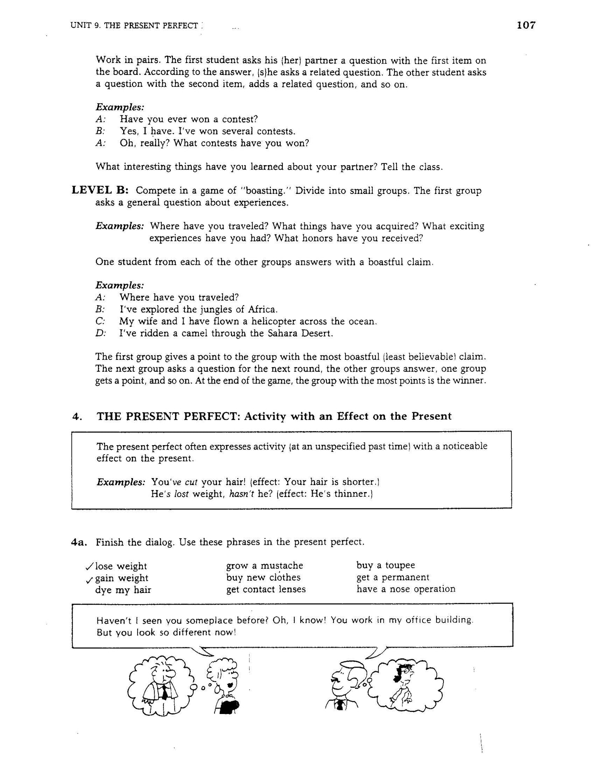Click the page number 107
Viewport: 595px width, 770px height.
[526, 25]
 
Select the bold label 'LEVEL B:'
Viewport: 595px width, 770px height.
[101, 190]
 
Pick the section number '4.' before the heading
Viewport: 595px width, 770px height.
[77, 416]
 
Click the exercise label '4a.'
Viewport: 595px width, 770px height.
[78, 542]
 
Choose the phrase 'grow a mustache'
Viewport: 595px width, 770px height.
[264, 565]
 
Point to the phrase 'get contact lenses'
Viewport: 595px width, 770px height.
[266, 589]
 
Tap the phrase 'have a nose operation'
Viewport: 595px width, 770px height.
[406, 589]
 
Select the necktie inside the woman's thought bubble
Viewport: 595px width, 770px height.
[164, 693]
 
